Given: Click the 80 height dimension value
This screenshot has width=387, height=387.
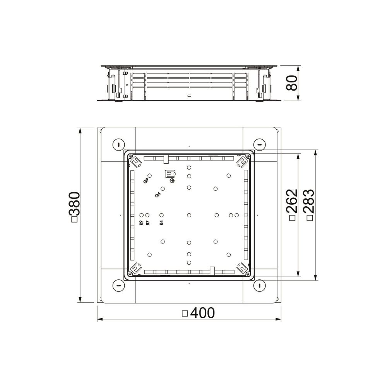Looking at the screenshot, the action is (291, 83).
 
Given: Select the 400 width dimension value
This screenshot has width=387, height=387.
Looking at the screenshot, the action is (203, 313).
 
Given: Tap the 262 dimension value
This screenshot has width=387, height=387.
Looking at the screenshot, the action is (292, 201).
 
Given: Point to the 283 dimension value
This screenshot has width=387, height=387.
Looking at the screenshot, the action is (309, 201).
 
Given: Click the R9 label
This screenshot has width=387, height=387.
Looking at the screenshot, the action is (141, 223).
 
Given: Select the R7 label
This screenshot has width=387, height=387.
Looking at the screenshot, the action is (147, 223).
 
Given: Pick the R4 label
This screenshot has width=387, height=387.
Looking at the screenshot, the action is (161, 223).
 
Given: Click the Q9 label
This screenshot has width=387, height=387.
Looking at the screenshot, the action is (146, 180).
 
